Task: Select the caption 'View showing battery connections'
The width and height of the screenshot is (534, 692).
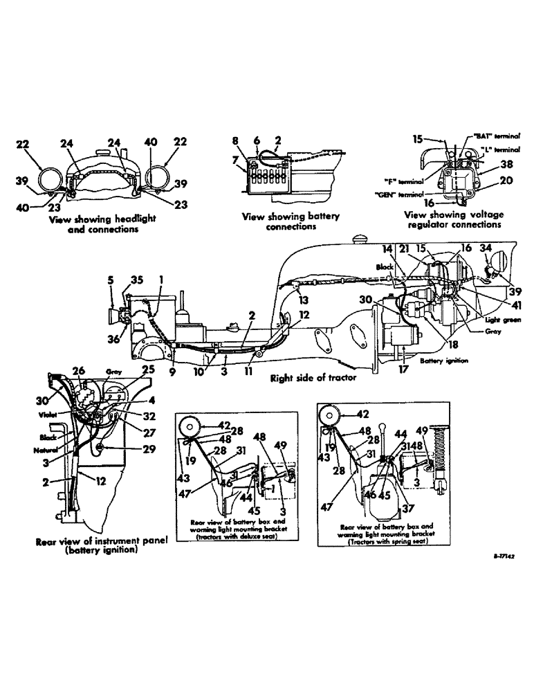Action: pos(291,221)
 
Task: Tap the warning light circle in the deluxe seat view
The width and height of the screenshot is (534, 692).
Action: pos(189,425)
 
